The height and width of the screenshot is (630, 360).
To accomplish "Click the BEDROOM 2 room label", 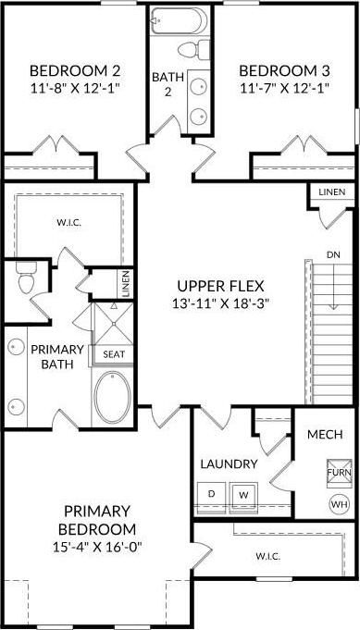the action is click(75, 71).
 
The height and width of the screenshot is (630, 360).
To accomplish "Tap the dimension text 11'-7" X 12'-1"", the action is click(284, 88).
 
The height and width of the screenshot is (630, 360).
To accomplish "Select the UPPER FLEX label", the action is click(220, 287).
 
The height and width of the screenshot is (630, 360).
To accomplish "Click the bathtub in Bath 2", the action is click(180, 20).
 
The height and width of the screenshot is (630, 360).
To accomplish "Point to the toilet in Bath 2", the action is click(194, 50).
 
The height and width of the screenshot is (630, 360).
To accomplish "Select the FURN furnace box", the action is click(339, 473).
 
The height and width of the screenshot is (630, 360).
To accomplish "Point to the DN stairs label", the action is click(332, 254).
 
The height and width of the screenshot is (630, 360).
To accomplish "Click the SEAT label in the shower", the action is click(114, 354).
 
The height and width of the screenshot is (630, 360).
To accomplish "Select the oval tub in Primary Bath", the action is click(113, 397).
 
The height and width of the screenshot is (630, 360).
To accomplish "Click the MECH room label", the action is click(325, 434).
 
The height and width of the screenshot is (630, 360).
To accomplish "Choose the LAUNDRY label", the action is click(229, 464).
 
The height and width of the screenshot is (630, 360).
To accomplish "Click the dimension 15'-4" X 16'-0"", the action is click(97, 547).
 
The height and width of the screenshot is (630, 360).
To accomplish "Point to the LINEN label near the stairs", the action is click(331, 192).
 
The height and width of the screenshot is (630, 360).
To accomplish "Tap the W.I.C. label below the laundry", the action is click(268, 557).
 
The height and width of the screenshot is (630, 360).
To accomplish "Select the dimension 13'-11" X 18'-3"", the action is click(220, 303).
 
